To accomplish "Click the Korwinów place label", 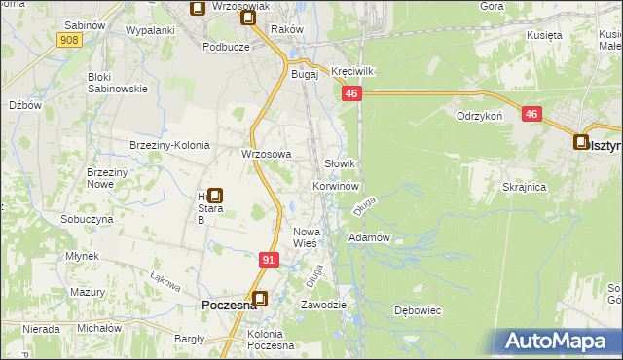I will [x=337, y=185].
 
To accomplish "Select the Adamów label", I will [x=369, y=237].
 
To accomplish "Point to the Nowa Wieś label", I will [x=307, y=237].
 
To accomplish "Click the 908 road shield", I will [x=68, y=40].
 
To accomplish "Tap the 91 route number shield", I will [x=271, y=260].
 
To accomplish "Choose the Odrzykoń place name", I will [x=479, y=115].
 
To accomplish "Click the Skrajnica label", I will [x=524, y=186].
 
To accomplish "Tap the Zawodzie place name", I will [x=324, y=305].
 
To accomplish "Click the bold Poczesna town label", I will [x=229, y=306].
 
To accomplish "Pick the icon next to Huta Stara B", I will [x=214, y=196].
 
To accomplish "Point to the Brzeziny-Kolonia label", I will [x=170, y=145].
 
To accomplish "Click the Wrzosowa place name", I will [x=267, y=154].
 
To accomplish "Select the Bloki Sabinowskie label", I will [x=117, y=82].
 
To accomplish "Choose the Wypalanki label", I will [x=150, y=30].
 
